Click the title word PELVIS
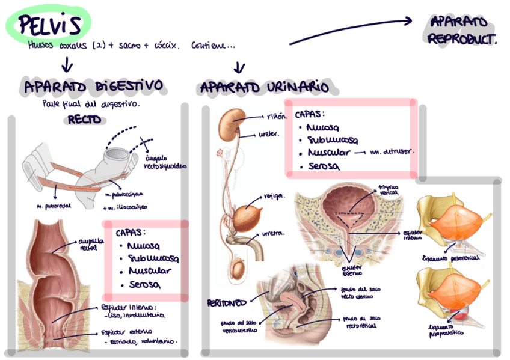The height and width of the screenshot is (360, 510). pos(49,25)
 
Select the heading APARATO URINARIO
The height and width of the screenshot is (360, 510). pos(265,88)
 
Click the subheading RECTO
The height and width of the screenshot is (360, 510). pos(84,120)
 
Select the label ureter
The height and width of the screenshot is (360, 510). pos(269,134)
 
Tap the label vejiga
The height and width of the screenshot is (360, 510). pos(274,196)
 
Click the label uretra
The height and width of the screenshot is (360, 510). pos(273,233)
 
